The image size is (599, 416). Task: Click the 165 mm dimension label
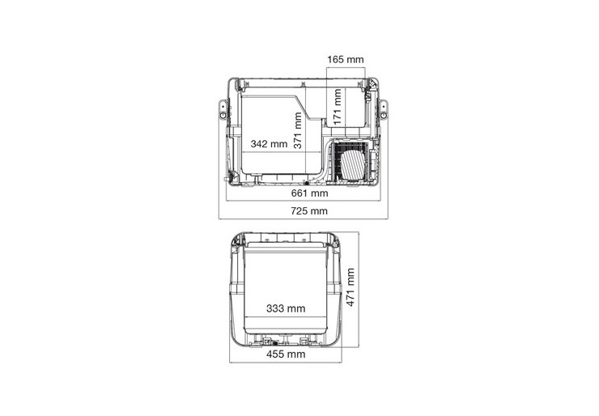coord(346,59)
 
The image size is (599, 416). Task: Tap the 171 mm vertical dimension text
coord(337,107)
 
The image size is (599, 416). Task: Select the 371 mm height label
coord(298,130)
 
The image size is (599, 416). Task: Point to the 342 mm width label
coord(269,144)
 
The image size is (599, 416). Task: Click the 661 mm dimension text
coord(309,193)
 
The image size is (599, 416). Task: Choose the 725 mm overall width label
coord(309,211)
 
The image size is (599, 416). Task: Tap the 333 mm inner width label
coord(286,308)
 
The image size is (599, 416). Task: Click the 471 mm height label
coord(350,287)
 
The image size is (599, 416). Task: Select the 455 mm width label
coord(286,354)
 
